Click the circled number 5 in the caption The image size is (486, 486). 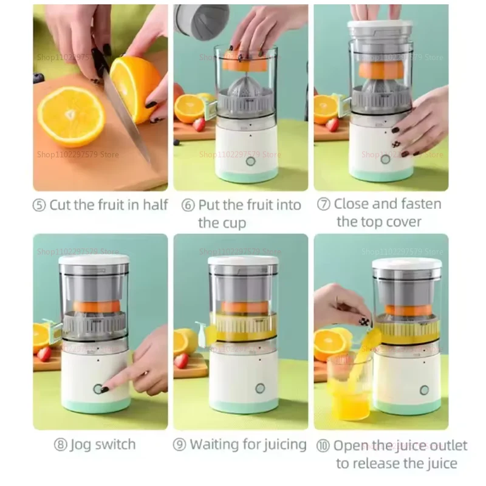click(x=40, y=205)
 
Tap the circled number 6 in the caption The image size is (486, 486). click(x=188, y=205)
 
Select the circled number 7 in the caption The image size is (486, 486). click(x=324, y=204)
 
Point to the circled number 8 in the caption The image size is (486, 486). click(x=60, y=445)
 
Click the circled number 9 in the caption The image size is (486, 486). click(x=180, y=445)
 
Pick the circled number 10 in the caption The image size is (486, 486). click(x=323, y=447)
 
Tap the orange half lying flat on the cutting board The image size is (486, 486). click(x=70, y=115)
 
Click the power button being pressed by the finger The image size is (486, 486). click(x=97, y=389)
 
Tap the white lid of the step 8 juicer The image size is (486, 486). click(x=94, y=259)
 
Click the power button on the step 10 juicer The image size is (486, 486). click(x=424, y=389)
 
